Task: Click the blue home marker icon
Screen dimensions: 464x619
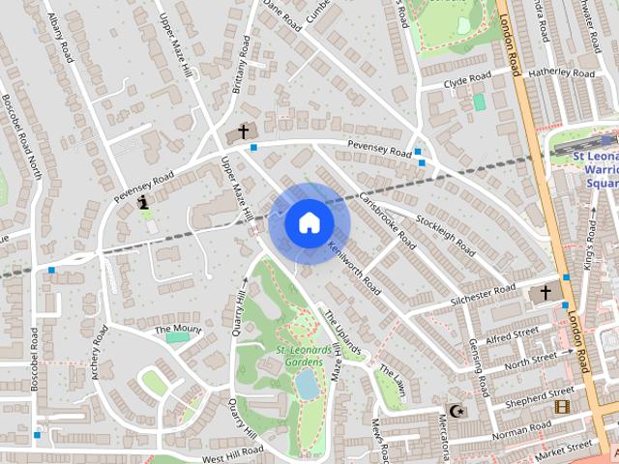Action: [x=309, y=223]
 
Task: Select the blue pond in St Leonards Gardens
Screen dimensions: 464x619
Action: [x=307, y=384]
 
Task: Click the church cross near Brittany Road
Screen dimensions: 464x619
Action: [x=243, y=130]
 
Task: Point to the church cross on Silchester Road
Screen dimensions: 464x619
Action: [x=545, y=291]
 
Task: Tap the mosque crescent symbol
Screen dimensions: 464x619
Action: [x=459, y=411]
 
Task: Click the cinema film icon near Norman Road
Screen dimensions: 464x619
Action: [x=562, y=407]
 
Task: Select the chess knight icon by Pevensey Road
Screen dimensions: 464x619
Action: [x=144, y=203]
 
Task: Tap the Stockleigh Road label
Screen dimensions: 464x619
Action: [x=445, y=232]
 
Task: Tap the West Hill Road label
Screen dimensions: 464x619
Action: [x=233, y=450]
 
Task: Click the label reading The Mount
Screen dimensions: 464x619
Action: [x=178, y=330]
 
